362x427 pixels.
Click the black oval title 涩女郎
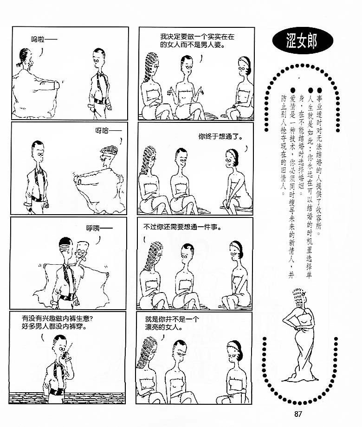(302, 41)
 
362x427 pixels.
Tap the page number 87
(298, 414)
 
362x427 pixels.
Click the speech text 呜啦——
(44, 39)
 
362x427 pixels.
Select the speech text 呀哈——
(109, 131)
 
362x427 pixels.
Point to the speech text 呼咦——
(99, 228)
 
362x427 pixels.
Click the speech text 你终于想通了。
(220, 136)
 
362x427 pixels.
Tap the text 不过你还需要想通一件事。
(182, 227)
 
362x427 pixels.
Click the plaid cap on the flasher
(110, 150)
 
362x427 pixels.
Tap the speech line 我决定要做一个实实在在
(197, 37)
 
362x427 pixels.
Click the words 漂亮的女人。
(164, 327)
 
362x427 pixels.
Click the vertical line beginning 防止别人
(284, 145)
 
